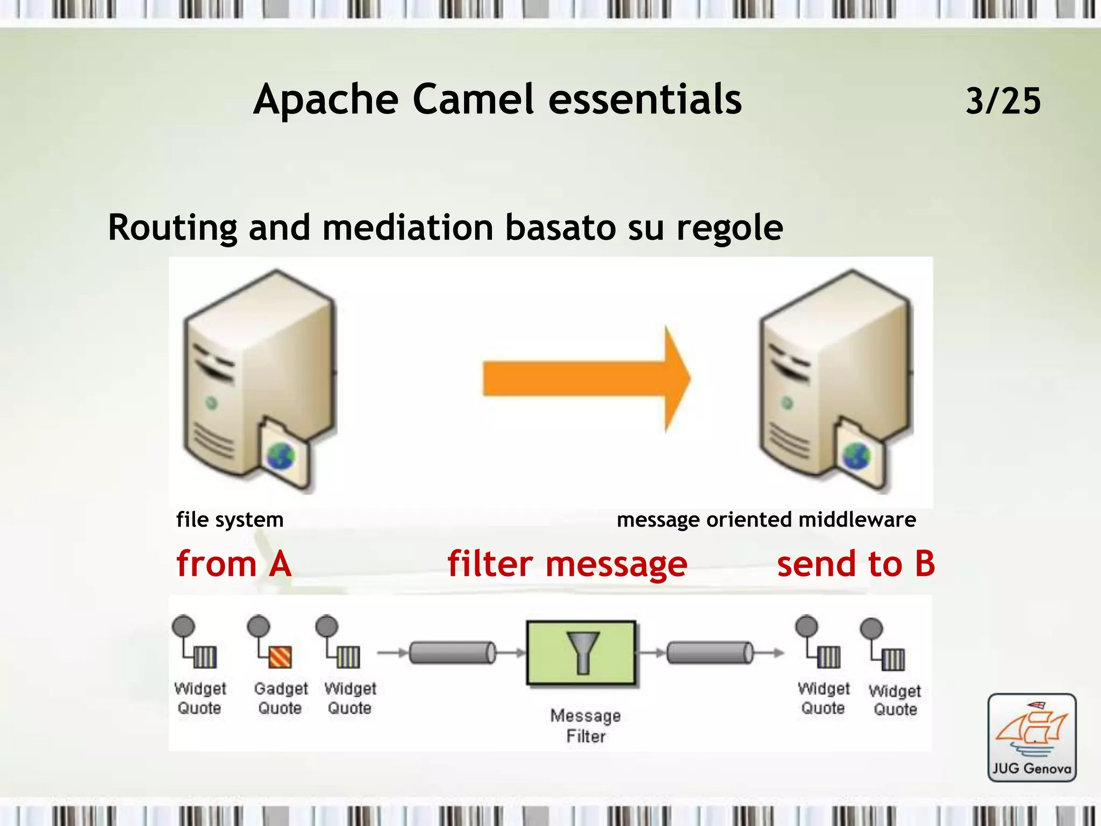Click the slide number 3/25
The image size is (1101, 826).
click(x=1003, y=101)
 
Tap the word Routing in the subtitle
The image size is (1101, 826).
click(x=172, y=228)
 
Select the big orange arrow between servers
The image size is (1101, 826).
click(x=586, y=379)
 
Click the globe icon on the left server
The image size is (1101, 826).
click(x=281, y=456)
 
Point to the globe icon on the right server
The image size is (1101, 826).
click(x=856, y=456)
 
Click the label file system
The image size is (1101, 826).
click(x=230, y=520)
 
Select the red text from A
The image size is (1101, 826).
click(x=234, y=564)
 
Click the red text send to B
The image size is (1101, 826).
click(x=856, y=564)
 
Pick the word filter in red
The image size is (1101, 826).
click(x=490, y=564)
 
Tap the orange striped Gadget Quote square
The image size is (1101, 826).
click(x=280, y=657)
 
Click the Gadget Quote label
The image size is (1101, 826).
click(x=280, y=698)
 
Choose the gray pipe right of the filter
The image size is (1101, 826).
click(x=710, y=653)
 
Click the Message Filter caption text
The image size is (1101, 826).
click(x=585, y=725)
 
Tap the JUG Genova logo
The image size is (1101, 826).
click(x=1032, y=737)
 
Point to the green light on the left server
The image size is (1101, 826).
click(x=212, y=403)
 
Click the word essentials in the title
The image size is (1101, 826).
click(x=645, y=100)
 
